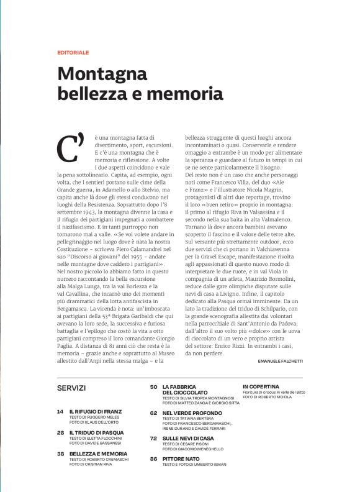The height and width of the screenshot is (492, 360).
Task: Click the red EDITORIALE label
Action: [73, 52]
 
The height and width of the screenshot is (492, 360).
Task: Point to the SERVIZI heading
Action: [71, 388]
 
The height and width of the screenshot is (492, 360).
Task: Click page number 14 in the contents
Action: [60, 412]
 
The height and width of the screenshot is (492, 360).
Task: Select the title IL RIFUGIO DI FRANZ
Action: [96, 412]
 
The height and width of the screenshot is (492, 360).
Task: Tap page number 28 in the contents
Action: [60, 432]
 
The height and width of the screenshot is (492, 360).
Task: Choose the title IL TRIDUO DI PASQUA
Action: [97, 432]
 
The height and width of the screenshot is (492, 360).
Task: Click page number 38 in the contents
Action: [60, 454]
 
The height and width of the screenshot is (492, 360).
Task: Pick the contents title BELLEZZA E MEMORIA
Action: [98, 454]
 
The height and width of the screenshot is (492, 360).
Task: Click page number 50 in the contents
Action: [153, 386]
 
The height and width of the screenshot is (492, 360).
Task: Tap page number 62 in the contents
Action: [153, 412]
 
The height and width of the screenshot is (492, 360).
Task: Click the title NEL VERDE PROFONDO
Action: [190, 412]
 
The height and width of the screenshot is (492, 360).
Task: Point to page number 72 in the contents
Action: [153, 438]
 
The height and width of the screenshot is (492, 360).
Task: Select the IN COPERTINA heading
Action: [261, 386]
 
